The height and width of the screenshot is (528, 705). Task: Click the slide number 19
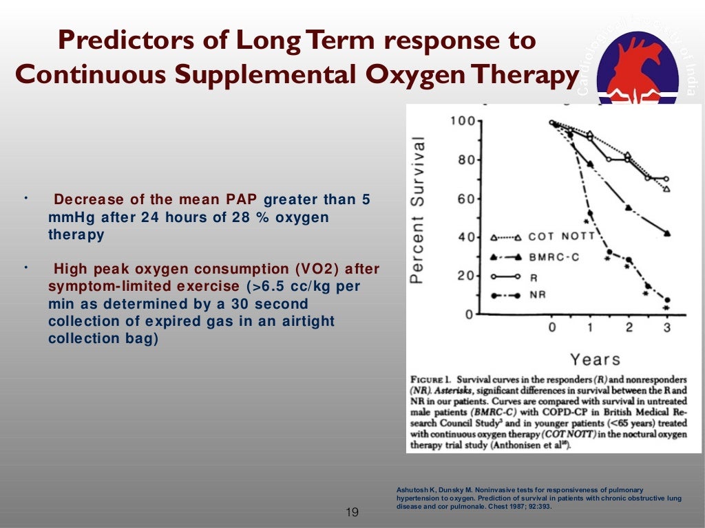click(x=352, y=512)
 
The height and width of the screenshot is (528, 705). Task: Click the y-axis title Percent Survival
click(x=417, y=210)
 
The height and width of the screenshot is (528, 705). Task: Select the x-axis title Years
click(x=595, y=359)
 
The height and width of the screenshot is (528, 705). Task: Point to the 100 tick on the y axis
click(x=461, y=122)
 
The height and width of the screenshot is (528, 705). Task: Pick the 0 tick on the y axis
click(x=470, y=315)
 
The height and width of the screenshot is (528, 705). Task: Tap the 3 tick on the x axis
click(x=666, y=328)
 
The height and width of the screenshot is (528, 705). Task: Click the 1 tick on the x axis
click(x=590, y=328)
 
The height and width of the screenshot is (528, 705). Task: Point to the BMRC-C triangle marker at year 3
click(x=666, y=233)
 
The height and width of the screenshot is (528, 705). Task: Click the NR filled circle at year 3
click(x=666, y=300)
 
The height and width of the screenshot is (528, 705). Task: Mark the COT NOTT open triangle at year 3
click(x=666, y=188)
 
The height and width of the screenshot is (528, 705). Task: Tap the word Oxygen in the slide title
click(x=412, y=74)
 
